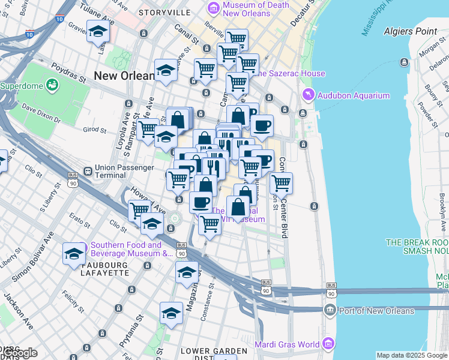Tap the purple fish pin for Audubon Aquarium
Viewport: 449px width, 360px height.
click(308, 95)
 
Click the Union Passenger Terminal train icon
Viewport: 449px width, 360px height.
click(88, 170)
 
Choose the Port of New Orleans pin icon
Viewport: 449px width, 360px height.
click(329, 310)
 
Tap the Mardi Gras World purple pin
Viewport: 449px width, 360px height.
click(328, 344)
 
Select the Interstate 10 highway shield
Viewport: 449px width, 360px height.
click(59, 19)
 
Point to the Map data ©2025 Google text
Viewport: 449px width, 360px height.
click(412, 355)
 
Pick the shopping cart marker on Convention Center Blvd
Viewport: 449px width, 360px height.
click(281, 183)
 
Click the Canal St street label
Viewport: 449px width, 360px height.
click(185, 35)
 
